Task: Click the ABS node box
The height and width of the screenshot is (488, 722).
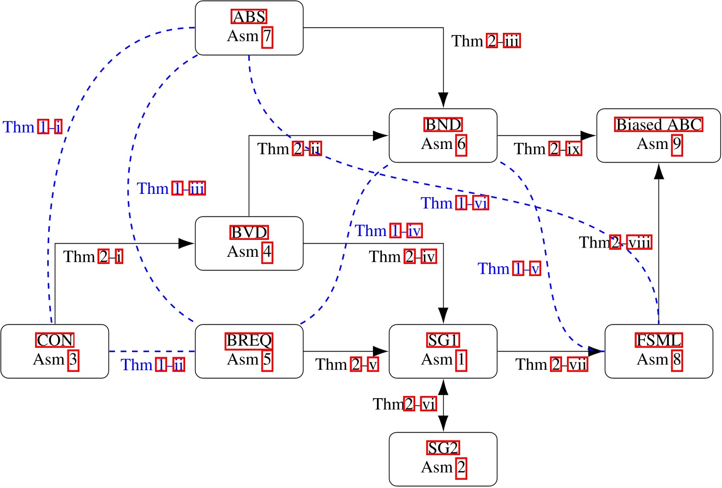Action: coord(249,28)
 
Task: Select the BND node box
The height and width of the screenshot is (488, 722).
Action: coord(443,135)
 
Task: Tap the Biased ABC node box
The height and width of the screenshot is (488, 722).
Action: coord(658,135)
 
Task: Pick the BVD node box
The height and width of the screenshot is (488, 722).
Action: coord(249,243)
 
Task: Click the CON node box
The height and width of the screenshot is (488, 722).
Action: coord(55,351)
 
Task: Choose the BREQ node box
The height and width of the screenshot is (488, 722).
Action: coord(249,351)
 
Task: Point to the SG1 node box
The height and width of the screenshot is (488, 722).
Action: coord(443,351)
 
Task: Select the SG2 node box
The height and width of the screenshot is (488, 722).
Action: coord(443,459)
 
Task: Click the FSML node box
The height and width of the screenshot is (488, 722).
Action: coord(658,351)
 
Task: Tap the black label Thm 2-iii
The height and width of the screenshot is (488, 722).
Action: coord(485,41)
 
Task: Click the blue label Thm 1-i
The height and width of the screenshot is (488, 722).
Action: coord(33,127)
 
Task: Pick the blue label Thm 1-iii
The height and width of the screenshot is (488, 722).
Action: coord(170,189)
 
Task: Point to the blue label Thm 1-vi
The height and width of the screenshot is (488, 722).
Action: coord(454,204)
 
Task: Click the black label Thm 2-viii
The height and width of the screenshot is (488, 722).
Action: coord(615,242)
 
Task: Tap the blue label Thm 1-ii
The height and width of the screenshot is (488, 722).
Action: coord(152,365)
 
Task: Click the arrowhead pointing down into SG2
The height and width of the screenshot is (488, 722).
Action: coord(443,424)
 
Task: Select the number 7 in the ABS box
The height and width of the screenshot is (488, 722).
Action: coord(267,37)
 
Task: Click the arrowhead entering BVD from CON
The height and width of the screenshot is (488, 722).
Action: coord(187,243)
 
